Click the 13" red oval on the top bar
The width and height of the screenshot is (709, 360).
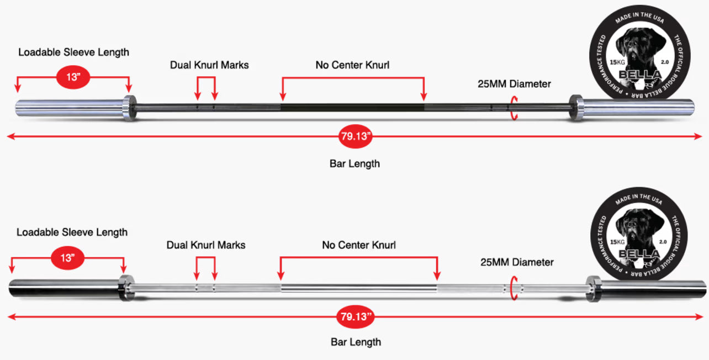click(x=73, y=77)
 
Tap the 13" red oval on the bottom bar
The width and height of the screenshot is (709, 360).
click(x=68, y=258)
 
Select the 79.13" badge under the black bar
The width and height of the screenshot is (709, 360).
click(x=356, y=136)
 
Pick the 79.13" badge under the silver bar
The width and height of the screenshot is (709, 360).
click(x=356, y=316)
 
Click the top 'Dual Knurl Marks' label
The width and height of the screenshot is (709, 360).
click(x=209, y=65)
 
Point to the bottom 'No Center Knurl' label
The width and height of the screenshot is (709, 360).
click(x=359, y=245)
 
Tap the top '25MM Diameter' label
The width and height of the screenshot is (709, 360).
click(x=514, y=84)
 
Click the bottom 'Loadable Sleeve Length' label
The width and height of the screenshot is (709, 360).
click(x=72, y=232)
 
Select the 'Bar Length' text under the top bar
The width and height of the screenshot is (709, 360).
click(x=355, y=163)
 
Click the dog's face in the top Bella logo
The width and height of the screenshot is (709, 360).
click(x=639, y=47)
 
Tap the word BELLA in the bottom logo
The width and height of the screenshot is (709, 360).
click(x=639, y=253)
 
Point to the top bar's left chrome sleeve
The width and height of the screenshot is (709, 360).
click(x=70, y=108)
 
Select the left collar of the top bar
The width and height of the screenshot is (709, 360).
click(x=130, y=108)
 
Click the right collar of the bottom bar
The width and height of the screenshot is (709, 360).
click(x=593, y=288)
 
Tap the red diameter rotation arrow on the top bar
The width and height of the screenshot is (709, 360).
click(x=513, y=108)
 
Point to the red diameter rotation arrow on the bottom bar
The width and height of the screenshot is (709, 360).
click(x=513, y=288)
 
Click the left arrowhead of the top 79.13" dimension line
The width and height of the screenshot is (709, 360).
click(x=10, y=136)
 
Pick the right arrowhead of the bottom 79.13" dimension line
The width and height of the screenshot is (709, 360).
click(x=699, y=316)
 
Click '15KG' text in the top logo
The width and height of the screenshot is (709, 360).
click(x=617, y=62)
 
